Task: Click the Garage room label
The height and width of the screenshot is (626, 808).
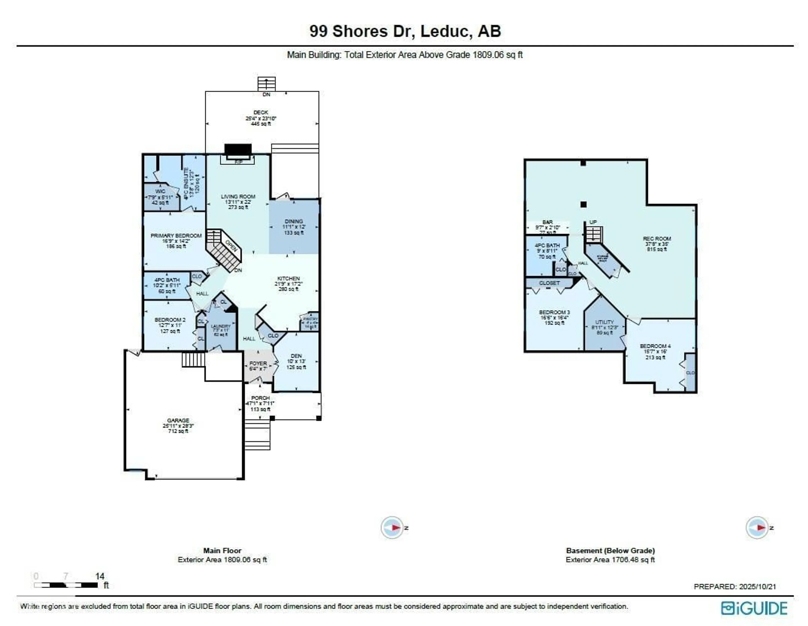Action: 178,420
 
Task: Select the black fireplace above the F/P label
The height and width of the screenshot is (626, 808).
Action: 238,150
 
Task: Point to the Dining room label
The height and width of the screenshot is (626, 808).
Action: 294,221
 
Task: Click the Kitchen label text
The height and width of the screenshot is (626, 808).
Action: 288,278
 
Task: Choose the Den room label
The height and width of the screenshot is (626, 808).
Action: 296,356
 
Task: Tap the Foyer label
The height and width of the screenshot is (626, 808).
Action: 258,363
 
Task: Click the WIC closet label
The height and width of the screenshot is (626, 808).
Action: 160,191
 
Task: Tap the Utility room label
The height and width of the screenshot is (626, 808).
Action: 605,322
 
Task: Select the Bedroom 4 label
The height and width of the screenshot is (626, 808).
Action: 655,346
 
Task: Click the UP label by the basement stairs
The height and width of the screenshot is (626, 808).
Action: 593,222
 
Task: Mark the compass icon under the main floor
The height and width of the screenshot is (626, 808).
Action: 392,527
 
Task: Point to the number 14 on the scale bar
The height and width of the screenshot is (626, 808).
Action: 100,576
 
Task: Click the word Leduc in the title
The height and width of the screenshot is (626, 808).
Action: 446,31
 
